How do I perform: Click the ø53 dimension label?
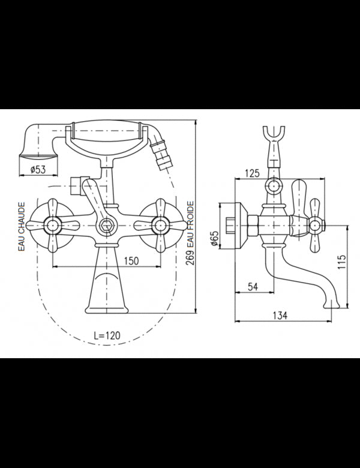pos(38,170)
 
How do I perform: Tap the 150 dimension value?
pos(131,260)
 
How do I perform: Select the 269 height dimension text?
pos(190,257)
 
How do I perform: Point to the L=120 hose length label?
pos(107,335)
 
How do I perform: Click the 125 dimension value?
pos(252,173)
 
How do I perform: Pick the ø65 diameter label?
pos(214,238)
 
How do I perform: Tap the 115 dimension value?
pos(342,262)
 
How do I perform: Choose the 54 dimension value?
pos(253,287)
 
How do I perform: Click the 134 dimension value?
pos(280,315)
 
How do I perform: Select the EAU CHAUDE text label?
pos(22,227)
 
